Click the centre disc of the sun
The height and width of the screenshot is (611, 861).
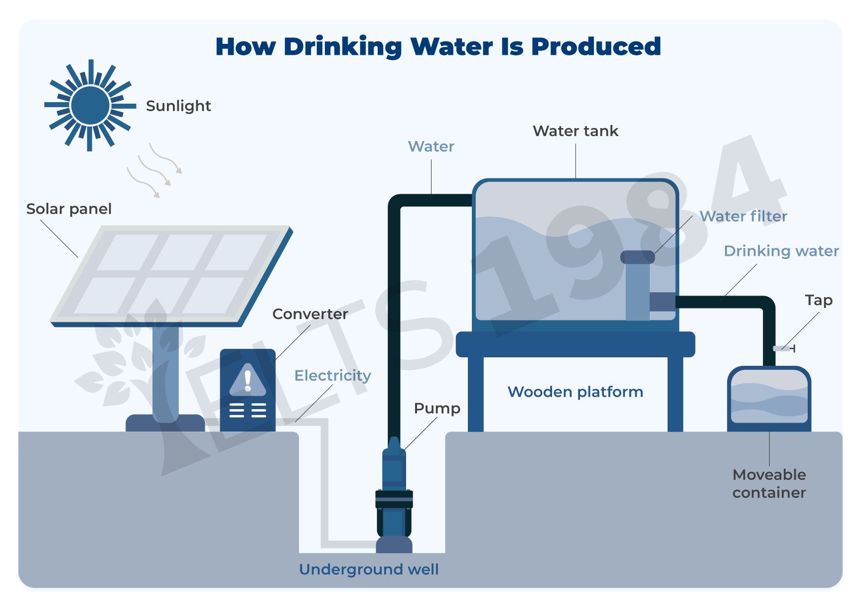point(90,105)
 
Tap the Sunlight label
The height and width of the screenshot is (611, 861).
point(178,106)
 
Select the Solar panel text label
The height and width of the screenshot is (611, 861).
point(69,209)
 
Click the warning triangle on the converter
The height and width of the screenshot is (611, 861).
point(248,380)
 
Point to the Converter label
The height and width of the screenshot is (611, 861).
point(310,314)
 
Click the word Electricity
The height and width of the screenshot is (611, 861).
point(332,375)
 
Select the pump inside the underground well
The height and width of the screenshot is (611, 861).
point(394,493)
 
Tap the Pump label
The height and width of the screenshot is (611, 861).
point(437,408)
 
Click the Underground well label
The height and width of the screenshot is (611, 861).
point(369,569)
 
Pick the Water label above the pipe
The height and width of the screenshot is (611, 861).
point(431,147)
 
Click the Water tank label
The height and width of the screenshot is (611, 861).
point(575,131)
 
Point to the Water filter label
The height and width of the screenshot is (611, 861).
point(743,216)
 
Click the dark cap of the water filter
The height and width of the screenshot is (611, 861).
point(637,257)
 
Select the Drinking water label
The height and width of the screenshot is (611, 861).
point(781,251)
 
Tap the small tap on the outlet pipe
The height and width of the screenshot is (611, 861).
point(784,348)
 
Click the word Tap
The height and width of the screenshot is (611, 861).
point(819,300)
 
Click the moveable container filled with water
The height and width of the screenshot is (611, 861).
point(769,399)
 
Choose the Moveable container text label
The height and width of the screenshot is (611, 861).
point(769,483)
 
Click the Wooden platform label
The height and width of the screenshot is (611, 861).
point(575,392)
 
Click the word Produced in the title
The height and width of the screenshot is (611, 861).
point(596,47)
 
